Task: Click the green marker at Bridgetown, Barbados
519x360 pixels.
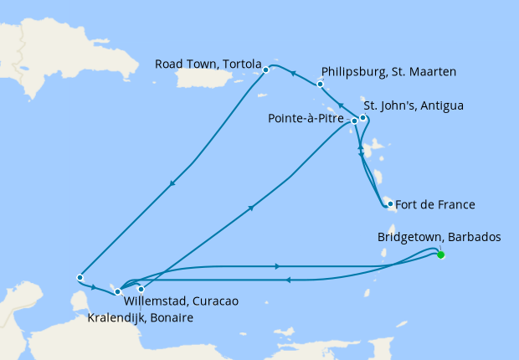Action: pyautogui.click(x=440, y=255)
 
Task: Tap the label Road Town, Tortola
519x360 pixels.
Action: pyautogui.click(x=208, y=64)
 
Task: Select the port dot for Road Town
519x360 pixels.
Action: pyautogui.click(x=265, y=69)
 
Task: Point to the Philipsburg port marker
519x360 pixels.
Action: pyautogui.click(x=320, y=84)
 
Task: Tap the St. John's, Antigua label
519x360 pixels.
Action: pyautogui.click(x=414, y=105)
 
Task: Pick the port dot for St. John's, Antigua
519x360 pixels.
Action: pyautogui.click(x=362, y=117)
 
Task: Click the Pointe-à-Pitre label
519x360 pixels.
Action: pyautogui.click(x=305, y=120)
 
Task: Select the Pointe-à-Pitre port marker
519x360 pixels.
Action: pyautogui.click(x=354, y=121)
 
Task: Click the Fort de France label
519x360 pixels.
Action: pyautogui.click(x=434, y=203)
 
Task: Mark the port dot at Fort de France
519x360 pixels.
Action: pyautogui.click(x=389, y=203)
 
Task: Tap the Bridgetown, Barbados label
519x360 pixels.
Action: pyautogui.click(x=439, y=237)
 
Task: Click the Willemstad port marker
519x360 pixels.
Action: pyautogui.click(x=117, y=291)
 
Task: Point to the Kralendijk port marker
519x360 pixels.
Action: pyautogui.click(x=141, y=289)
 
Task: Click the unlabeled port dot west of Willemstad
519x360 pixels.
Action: pyautogui.click(x=79, y=277)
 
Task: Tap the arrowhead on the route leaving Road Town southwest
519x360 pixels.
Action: pyautogui.click(x=172, y=185)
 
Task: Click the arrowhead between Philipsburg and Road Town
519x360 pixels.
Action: pyautogui.click(x=293, y=74)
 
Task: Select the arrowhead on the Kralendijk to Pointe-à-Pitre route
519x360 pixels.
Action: pyautogui.click(x=251, y=210)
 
